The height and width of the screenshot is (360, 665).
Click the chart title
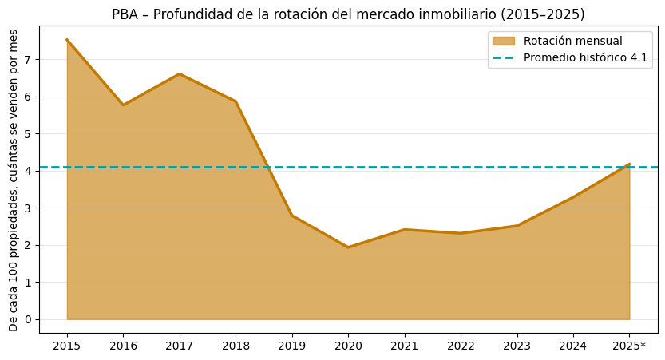348,14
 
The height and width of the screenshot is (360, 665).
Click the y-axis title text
14,180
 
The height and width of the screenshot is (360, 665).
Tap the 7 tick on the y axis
27,60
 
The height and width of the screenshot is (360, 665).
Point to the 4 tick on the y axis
27,171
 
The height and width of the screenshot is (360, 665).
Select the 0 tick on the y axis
27,319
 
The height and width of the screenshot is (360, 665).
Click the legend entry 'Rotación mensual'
572,41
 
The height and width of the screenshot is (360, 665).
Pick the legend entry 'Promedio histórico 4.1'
585,58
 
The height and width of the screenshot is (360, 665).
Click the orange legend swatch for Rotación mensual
504,41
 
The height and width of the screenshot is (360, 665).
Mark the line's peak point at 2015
67,40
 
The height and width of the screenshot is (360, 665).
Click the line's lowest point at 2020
348,247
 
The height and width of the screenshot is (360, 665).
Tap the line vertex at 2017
180,74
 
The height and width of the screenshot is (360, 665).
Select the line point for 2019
292,216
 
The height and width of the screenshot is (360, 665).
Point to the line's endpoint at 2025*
629,164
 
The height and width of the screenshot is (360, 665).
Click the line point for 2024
573,197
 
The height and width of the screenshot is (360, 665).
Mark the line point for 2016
123,105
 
